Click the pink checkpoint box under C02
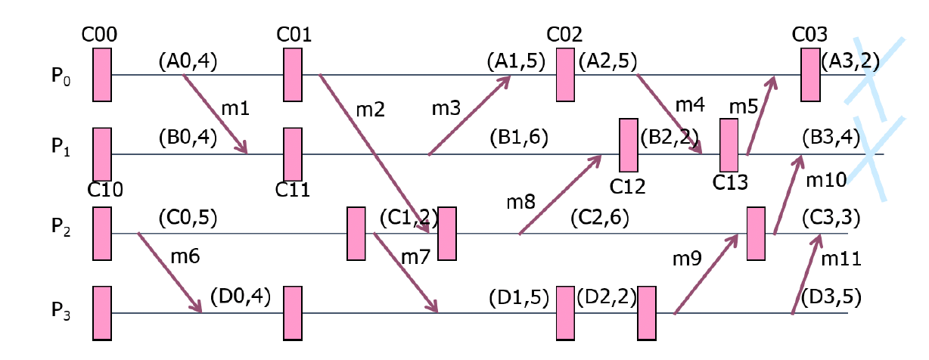pos(565,75)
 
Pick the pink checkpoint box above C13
pos(729,145)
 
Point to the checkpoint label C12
pos(629,186)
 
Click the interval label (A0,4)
pos(188,61)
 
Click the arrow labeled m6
pos(169,272)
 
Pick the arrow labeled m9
pos(705,274)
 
